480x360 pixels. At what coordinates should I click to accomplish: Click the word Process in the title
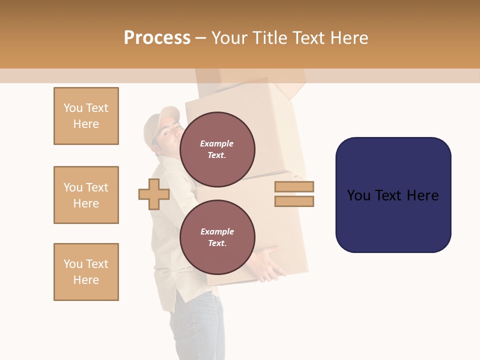[x=157, y=38]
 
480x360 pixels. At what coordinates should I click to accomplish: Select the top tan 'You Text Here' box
[x=86, y=116]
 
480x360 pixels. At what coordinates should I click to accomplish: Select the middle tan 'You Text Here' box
[x=86, y=195]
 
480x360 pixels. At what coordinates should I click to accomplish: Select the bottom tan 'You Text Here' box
[x=86, y=272]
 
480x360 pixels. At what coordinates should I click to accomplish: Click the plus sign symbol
[x=153, y=194]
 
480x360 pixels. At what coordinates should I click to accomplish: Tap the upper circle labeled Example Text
[x=217, y=149]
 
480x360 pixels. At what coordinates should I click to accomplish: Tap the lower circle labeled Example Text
[x=217, y=237]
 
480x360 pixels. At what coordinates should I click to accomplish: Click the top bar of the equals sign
[x=294, y=186]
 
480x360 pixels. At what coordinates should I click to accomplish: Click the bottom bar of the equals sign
[x=294, y=201]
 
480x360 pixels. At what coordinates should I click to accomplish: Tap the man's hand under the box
[x=270, y=262]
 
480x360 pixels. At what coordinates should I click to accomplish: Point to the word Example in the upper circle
[x=217, y=144]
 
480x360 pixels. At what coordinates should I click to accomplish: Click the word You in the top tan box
[x=73, y=108]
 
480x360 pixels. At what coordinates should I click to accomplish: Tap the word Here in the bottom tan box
[x=86, y=280]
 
